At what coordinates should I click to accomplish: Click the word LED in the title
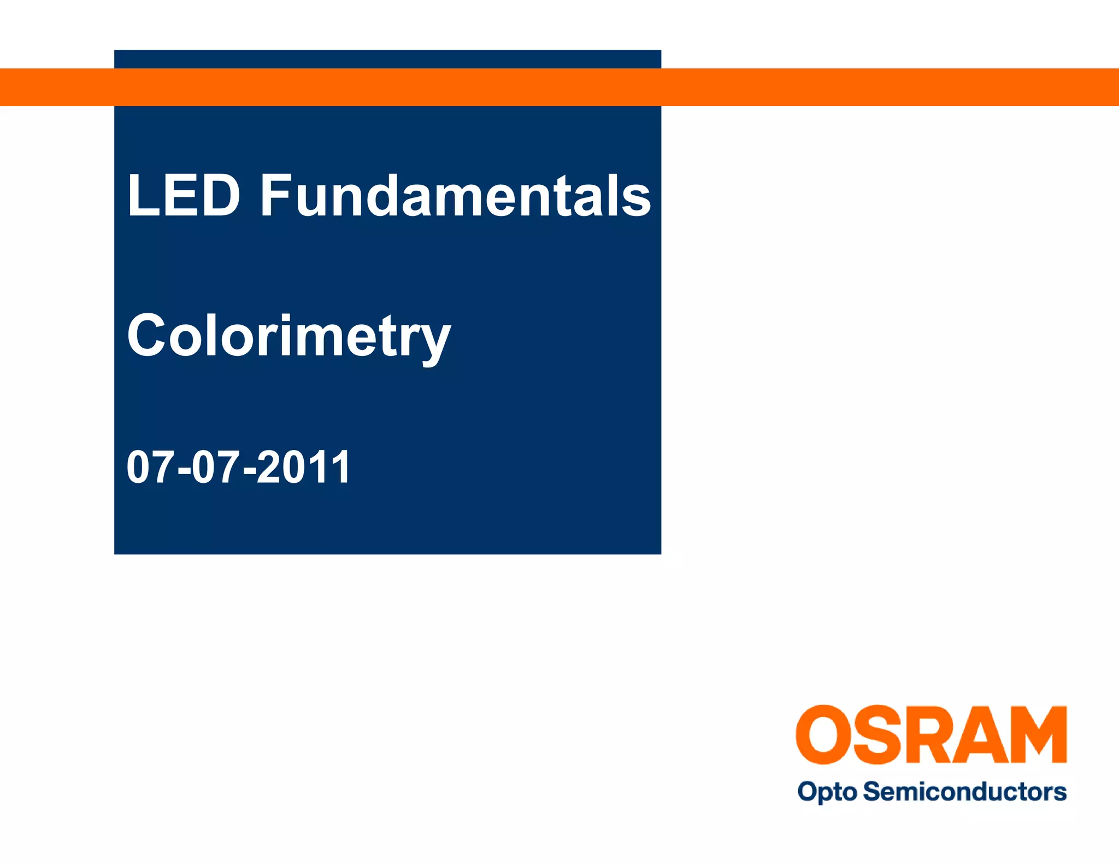(184, 195)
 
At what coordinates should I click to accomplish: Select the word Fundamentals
(455, 195)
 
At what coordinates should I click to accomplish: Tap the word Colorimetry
(289, 336)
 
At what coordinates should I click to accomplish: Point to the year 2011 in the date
(303, 467)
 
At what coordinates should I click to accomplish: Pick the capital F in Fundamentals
(274, 195)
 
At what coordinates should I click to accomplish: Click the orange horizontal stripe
(874, 87)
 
